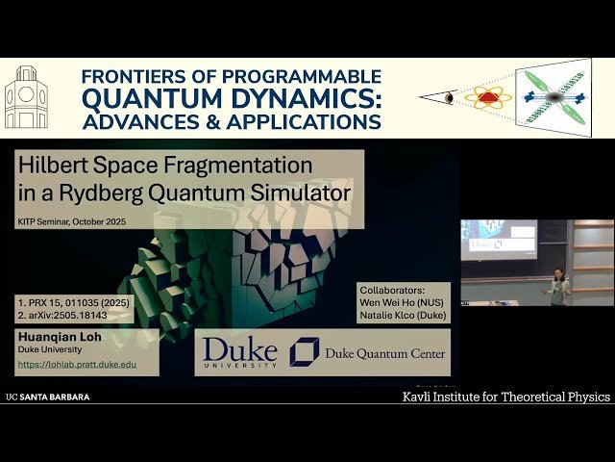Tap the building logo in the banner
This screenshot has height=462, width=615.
(26, 99)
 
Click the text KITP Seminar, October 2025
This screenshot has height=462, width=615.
(72, 220)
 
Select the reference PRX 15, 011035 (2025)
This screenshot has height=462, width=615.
(81, 300)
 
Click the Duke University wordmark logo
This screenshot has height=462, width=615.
(239, 352)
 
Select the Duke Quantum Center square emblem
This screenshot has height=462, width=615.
(305, 352)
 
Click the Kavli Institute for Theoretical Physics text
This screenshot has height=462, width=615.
(504, 397)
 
